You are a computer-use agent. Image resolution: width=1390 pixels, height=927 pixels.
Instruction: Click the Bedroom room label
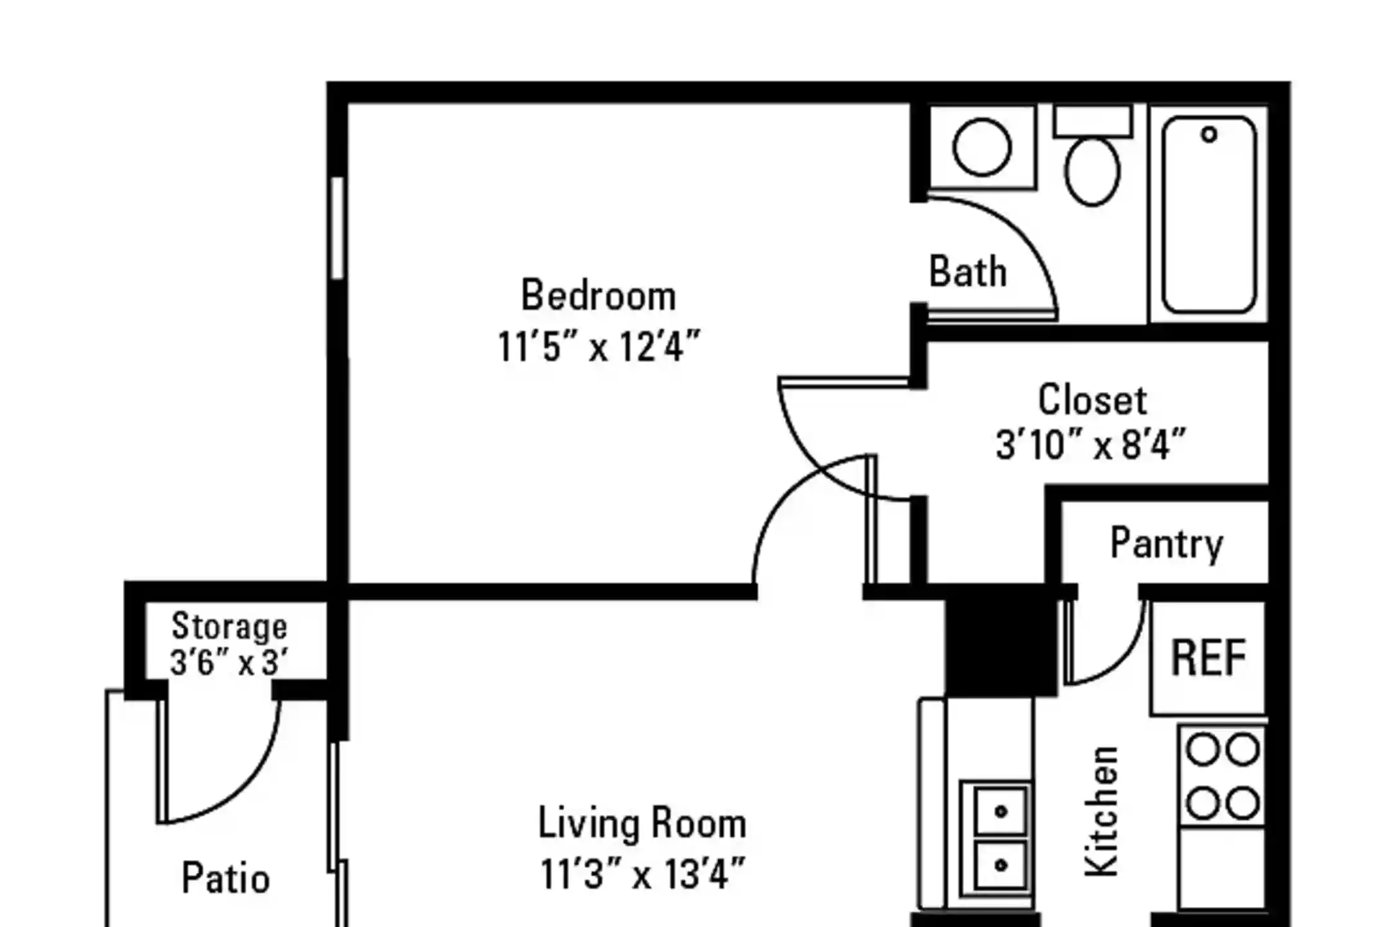pyautogui.click(x=598, y=295)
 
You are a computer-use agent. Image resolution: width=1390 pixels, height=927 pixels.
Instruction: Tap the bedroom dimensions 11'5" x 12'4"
pyautogui.click(x=598, y=346)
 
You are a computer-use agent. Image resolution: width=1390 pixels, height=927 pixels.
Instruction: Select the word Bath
pyautogui.click(x=968, y=271)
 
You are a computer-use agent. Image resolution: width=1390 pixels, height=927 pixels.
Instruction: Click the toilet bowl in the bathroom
pyautogui.click(x=1092, y=171)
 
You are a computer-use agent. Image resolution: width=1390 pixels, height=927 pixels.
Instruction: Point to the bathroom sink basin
pyautogui.click(x=982, y=147)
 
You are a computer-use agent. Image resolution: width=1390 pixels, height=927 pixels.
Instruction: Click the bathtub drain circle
pyautogui.click(x=1209, y=135)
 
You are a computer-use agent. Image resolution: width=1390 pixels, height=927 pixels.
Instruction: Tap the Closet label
pyautogui.click(x=1092, y=400)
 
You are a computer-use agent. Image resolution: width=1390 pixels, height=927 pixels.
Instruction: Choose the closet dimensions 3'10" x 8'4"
pyautogui.click(x=1091, y=445)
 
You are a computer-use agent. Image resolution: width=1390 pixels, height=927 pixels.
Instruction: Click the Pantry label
pyautogui.click(x=1167, y=544)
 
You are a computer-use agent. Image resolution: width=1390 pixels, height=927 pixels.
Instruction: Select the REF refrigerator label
pyautogui.click(x=1209, y=658)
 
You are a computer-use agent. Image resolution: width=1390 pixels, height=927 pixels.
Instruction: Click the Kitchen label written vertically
pyautogui.click(x=1101, y=811)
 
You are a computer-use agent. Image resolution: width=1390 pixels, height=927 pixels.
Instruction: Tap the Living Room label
pyautogui.click(x=642, y=823)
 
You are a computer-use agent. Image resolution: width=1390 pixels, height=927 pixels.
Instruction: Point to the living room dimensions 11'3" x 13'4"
pyautogui.click(x=642, y=874)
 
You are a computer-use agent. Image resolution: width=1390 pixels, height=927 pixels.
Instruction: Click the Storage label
pyautogui.click(x=229, y=626)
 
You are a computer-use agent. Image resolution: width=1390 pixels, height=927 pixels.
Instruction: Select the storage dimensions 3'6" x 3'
pyautogui.click(x=229, y=662)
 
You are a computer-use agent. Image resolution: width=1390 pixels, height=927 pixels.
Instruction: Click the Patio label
pyautogui.click(x=226, y=878)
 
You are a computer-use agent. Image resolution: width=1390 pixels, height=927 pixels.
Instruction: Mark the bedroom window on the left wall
pyautogui.click(x=337, y=228)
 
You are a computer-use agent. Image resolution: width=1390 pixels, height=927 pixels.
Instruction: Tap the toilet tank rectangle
pyautogui.click(x=1093, y=121)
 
